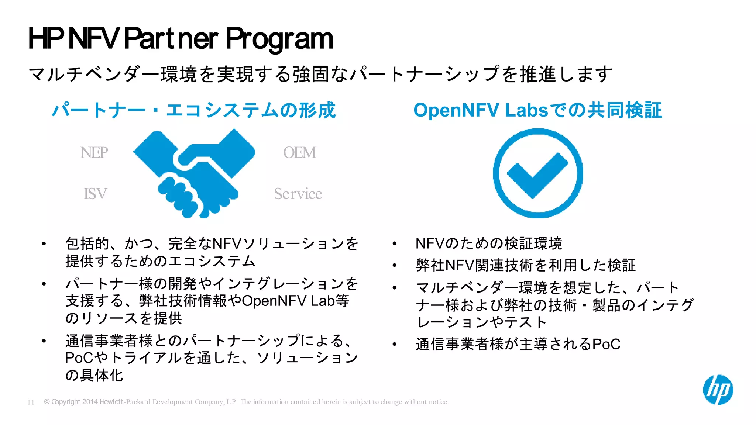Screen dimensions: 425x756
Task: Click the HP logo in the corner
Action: pos(718,390)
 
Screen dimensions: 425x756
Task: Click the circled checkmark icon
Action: pos(537,173)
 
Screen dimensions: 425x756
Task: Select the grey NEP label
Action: pos(94,152)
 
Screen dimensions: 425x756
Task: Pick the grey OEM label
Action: pos(299,152)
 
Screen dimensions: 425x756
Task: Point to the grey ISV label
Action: pos(95,194)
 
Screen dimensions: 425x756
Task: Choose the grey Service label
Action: pos(298,194)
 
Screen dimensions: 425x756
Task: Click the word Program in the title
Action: pos(279,39)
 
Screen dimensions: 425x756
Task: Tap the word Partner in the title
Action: pos(171,39)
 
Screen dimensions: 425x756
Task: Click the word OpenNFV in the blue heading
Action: pos(456,110)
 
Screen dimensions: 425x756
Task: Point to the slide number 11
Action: pos(31,402)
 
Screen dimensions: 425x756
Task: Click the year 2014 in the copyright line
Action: pos(90,402)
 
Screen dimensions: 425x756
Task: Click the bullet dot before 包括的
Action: pos(44,243)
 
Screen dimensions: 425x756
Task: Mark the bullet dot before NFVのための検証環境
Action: pos(395,243)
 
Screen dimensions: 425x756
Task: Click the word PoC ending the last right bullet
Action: pos(606,344)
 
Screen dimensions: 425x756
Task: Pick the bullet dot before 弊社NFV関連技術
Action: pos(395,265)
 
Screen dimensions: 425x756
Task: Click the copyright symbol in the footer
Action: pos(47,402)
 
